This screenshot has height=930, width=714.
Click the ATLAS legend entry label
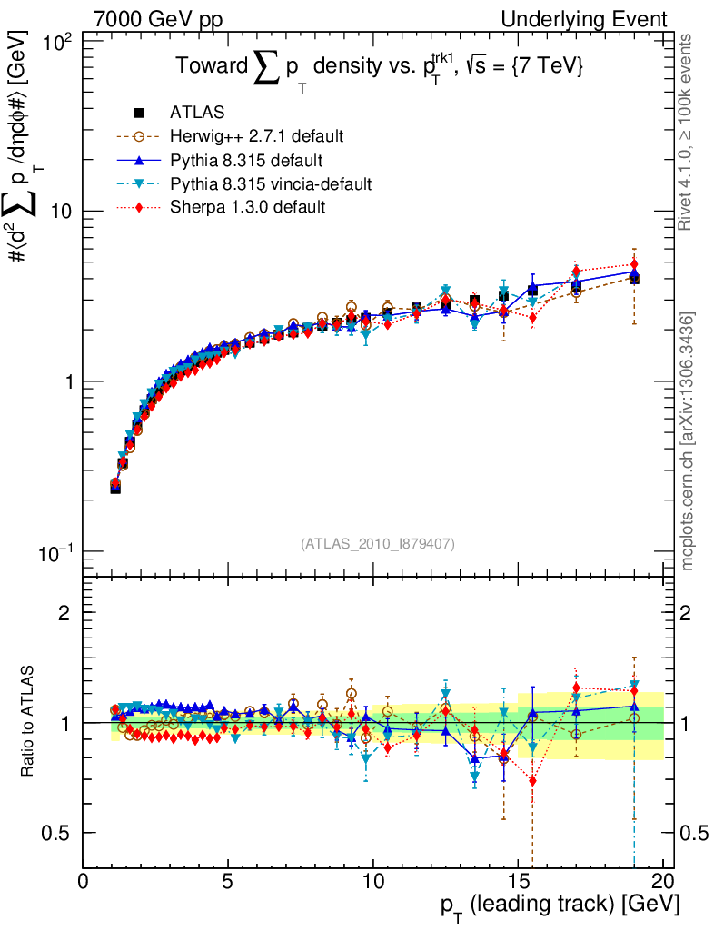click(x=197, y=113)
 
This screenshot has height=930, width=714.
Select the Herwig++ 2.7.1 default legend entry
click(x=256, y=136)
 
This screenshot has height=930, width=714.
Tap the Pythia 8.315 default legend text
click(x=246, y=161)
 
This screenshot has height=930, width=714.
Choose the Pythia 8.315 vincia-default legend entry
click(x=271, y=183)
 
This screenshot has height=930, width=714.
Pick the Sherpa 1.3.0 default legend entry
click(x=247, y=207)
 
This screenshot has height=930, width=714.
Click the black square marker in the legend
click(x=139, y=113)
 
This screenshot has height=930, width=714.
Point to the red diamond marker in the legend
click(x=139, y=207)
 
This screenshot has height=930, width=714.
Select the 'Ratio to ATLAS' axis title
click(x=28, y=723)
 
